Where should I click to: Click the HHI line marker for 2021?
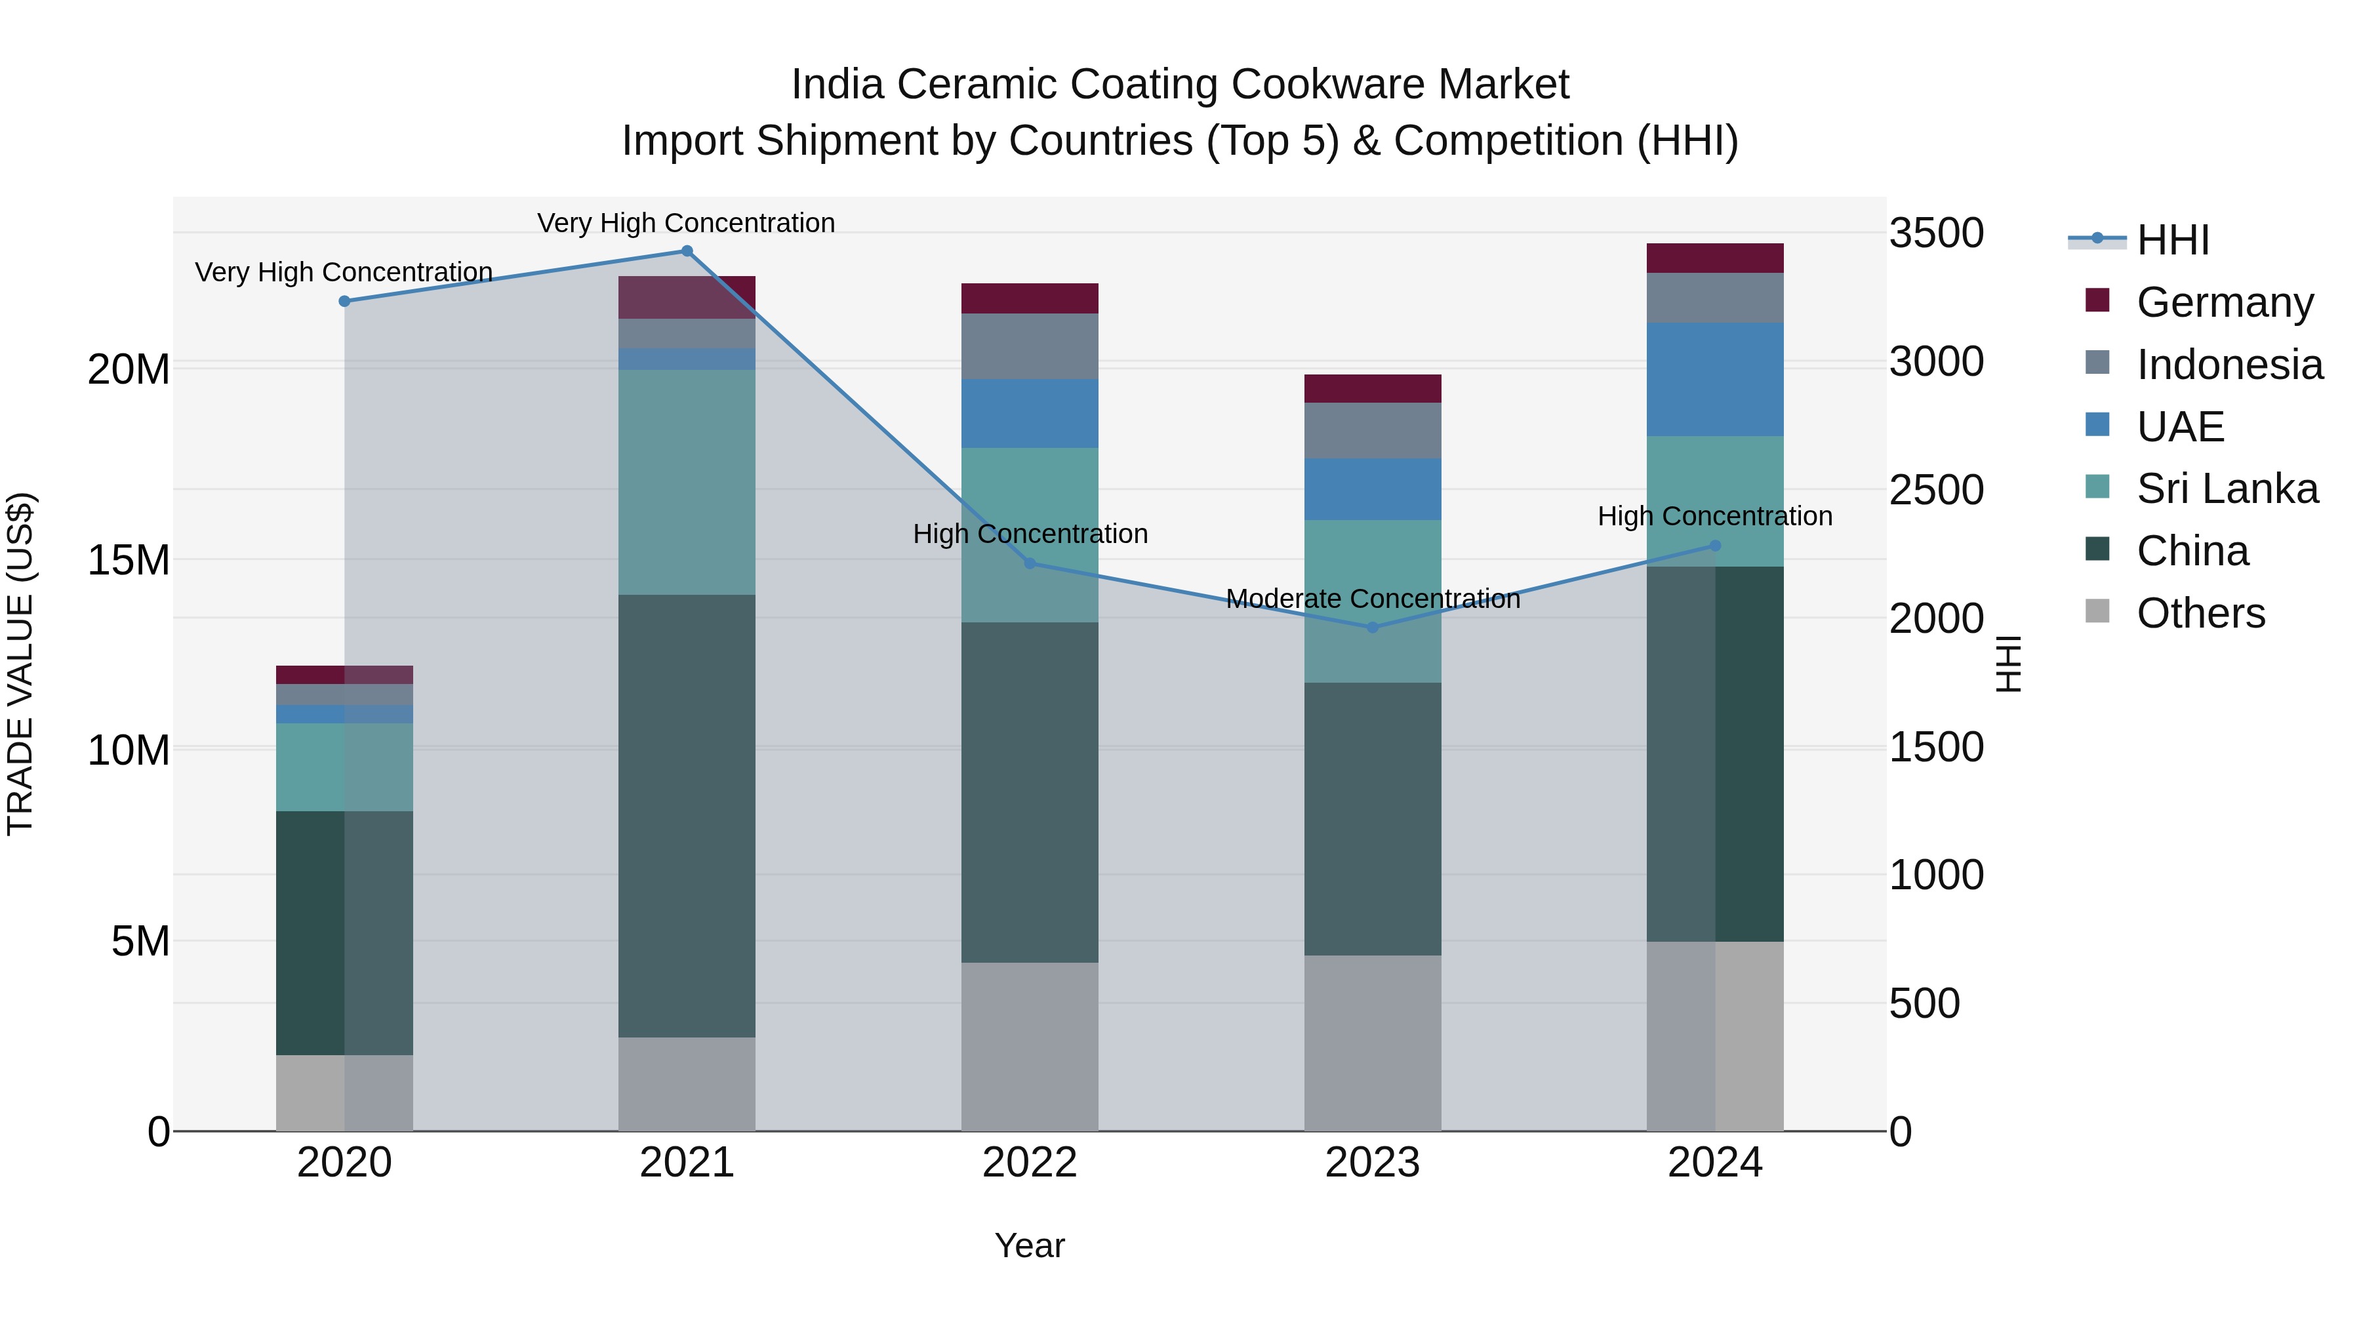tap(687, 251)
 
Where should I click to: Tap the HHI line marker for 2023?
tap(1372, 628)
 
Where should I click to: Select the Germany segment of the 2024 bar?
tap(1715, 258)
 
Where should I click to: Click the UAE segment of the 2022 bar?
tap(1029, 413)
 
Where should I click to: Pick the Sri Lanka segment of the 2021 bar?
tap(687, 482)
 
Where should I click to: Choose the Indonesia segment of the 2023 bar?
tap(1372, 431)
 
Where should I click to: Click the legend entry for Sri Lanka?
tap(2227, 489)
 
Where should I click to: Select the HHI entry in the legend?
tap(2172, 240)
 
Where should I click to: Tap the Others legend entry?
tap(2200, 613)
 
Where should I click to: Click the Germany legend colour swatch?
tap(2097, 300)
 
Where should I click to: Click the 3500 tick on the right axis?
tap(1936, 233)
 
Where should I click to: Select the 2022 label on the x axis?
tap(1029, 1163)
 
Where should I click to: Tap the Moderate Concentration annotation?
tap(1372, 599)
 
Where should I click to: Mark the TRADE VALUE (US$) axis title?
tap(20, 664)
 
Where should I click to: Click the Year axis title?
tap(1029, 1245)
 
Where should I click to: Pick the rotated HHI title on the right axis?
tap(2008, 664)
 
